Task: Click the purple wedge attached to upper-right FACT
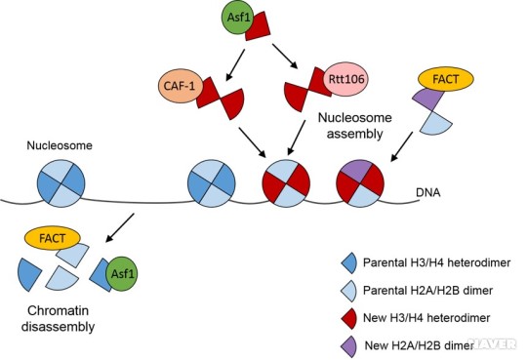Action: [x=426, y=98]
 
